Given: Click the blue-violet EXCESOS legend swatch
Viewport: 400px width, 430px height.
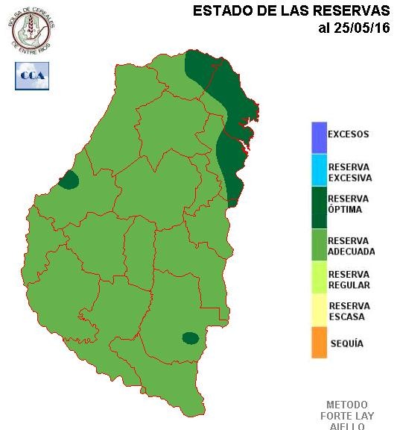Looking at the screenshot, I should (319, 137).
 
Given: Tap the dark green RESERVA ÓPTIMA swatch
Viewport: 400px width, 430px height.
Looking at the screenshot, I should (319, 206).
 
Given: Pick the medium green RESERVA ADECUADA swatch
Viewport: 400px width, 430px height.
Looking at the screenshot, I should (319, 246).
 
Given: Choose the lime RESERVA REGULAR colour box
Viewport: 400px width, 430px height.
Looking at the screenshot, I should (319, 280).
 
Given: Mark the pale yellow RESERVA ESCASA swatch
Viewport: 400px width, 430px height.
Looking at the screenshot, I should (319, 311).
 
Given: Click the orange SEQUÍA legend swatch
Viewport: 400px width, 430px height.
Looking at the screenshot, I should (319, 343).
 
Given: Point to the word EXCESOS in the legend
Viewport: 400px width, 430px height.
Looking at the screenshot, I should (349, 135).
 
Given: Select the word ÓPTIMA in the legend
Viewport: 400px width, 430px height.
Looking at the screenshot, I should (346, 210).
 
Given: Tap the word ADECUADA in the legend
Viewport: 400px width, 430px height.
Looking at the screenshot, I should (352, 252).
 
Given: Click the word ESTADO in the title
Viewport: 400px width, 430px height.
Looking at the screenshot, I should (217, 11).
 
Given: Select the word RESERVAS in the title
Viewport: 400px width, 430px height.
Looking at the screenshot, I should (354, 11).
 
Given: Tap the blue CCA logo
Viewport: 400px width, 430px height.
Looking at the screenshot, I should (32, 76).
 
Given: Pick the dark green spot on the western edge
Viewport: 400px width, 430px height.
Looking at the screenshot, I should (69, 180).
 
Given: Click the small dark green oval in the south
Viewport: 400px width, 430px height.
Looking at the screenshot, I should (191, 338).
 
